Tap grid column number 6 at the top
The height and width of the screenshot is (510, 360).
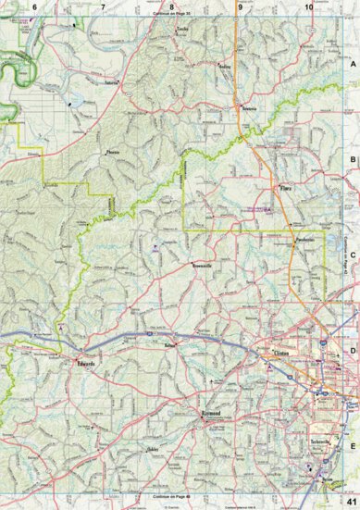click(x=34, y=7)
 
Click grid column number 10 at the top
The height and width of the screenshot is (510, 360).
click(x=307, y=7)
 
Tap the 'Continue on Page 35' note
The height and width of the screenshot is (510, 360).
click(x=171, y=16)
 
